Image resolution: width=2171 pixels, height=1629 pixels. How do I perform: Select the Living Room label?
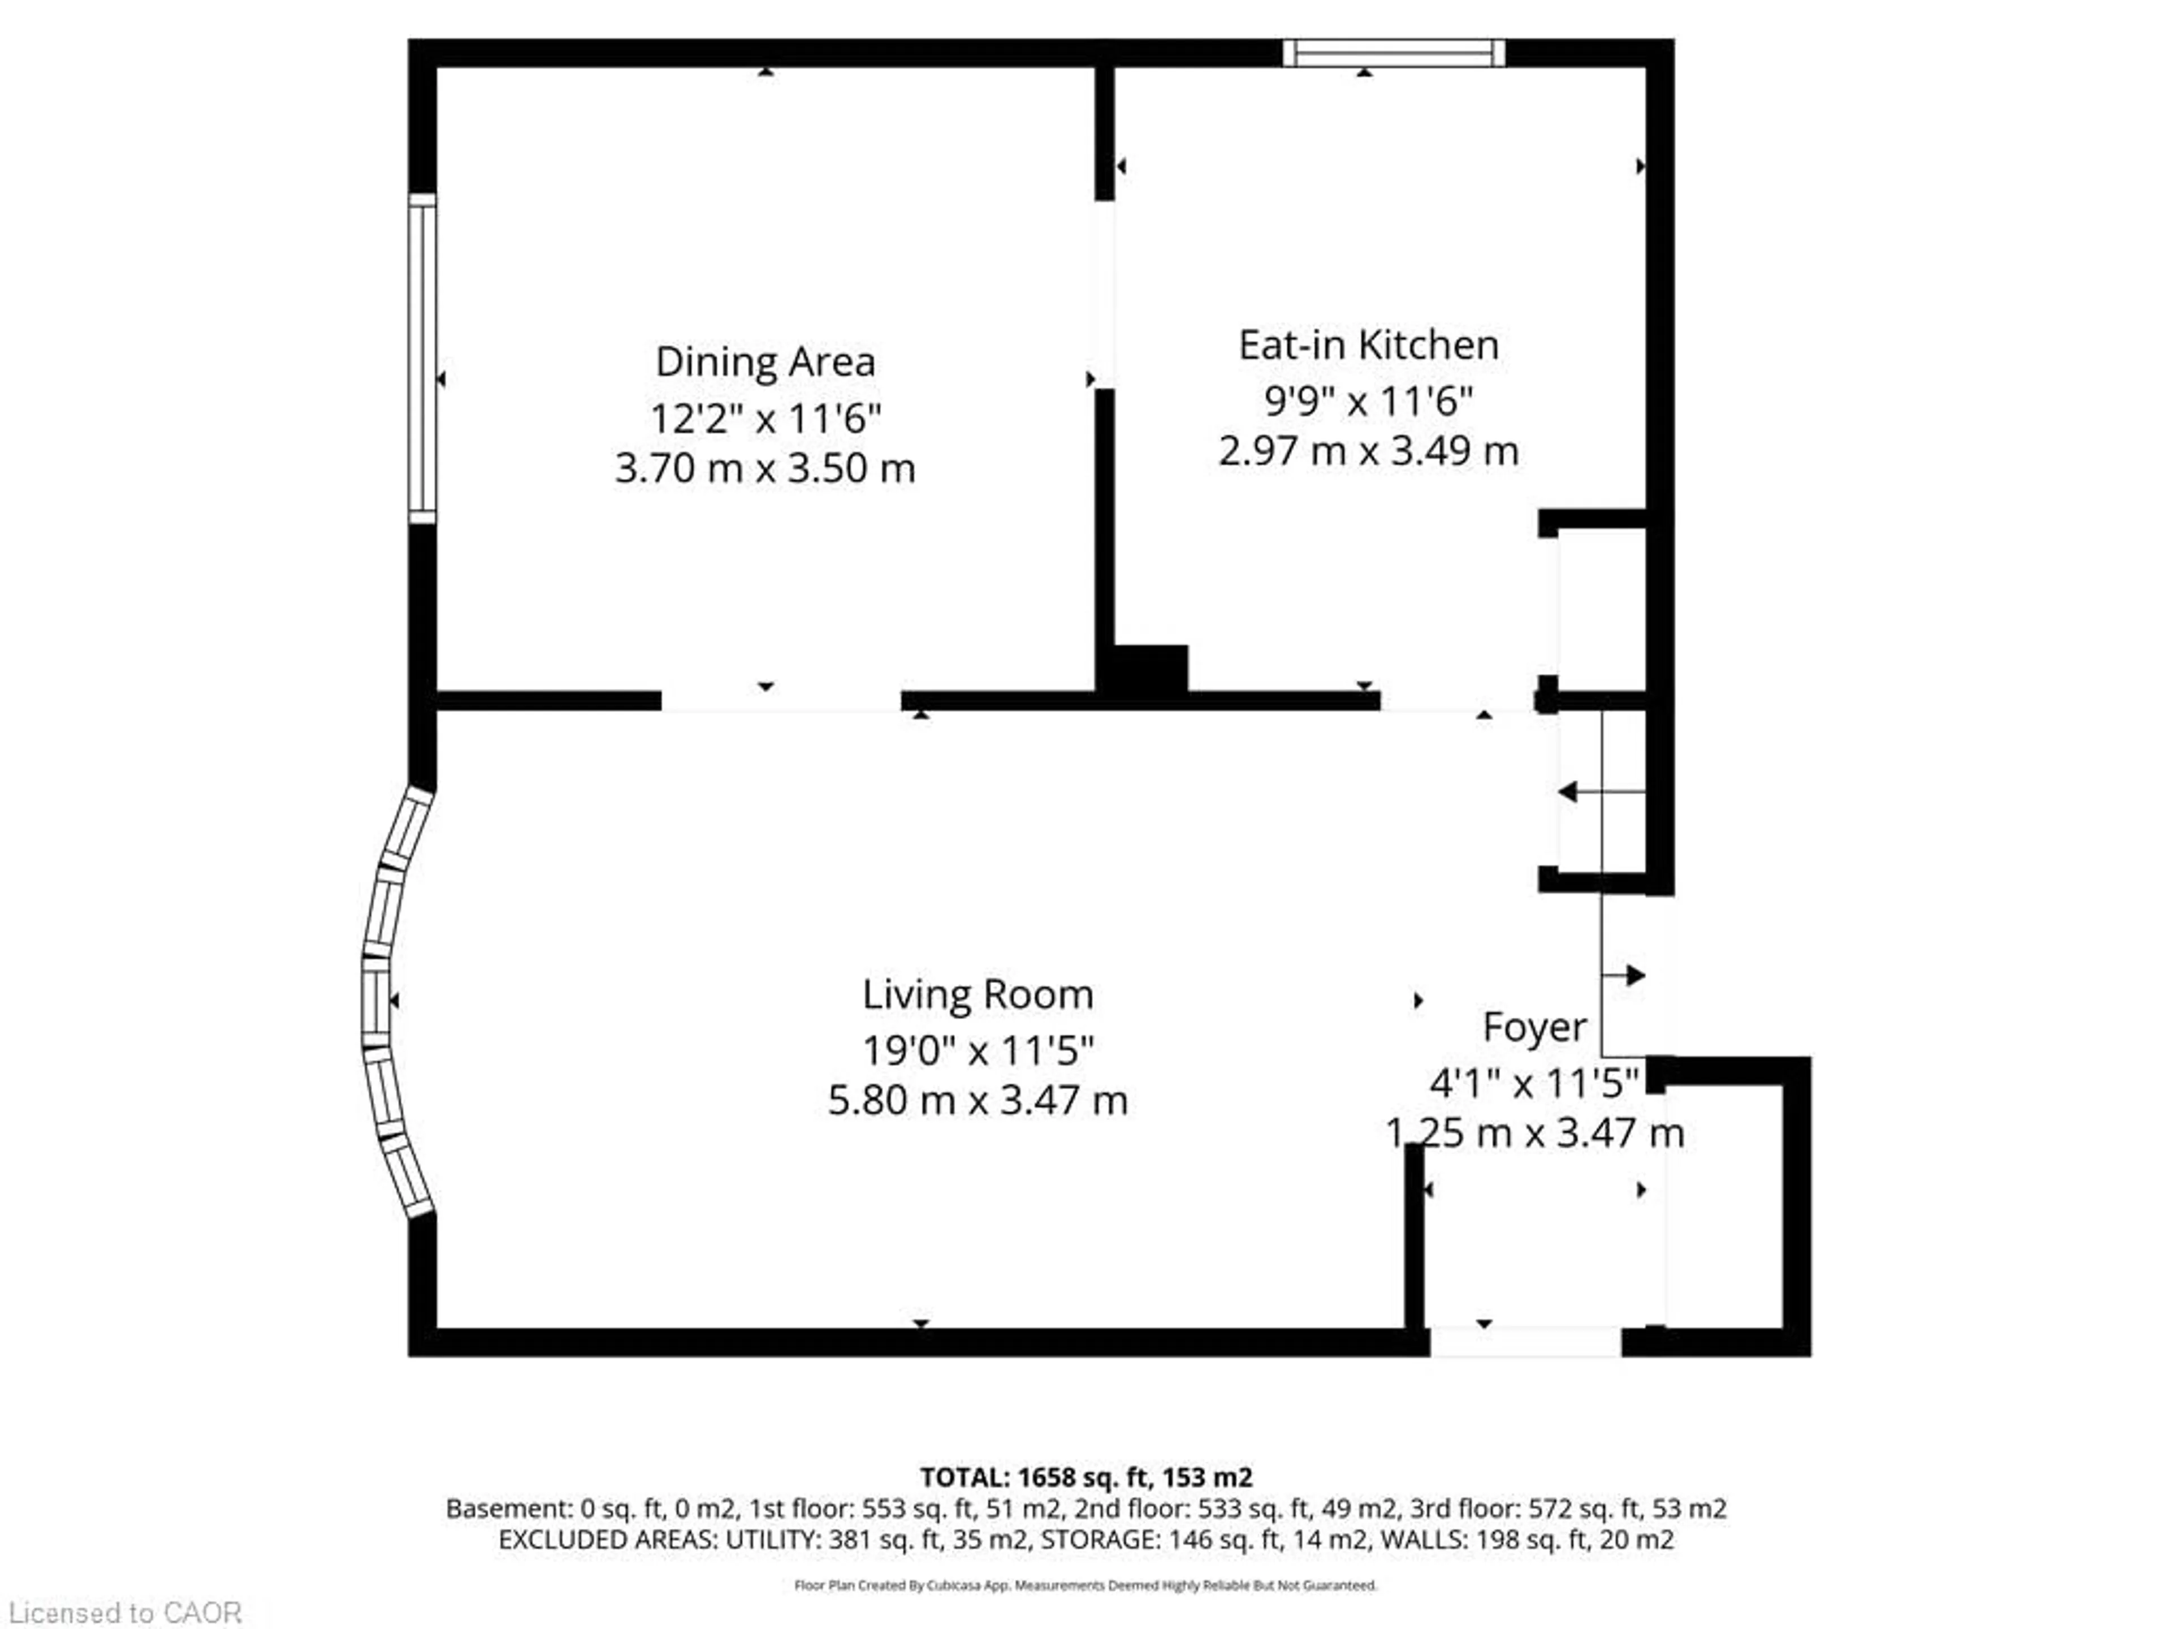tap(978, 995)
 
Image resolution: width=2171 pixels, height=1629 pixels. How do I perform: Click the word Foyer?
tap(1534, 1027)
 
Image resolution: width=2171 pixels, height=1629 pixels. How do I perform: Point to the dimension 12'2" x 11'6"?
tap(764, 419)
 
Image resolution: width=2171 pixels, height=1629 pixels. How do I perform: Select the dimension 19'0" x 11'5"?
tap(978, 1051)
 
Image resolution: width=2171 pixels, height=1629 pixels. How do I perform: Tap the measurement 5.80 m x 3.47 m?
tap(978, 1100)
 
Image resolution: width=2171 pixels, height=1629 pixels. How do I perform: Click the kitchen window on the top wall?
tap(1394, 53)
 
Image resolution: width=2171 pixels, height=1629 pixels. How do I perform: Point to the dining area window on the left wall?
tap(422, 359)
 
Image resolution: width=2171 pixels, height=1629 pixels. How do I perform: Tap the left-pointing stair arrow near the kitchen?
tap(1571, 791)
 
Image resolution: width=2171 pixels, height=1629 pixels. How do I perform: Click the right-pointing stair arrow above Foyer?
tap(1634, 975)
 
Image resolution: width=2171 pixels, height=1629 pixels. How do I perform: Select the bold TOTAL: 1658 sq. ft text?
tap(1085, 1478)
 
